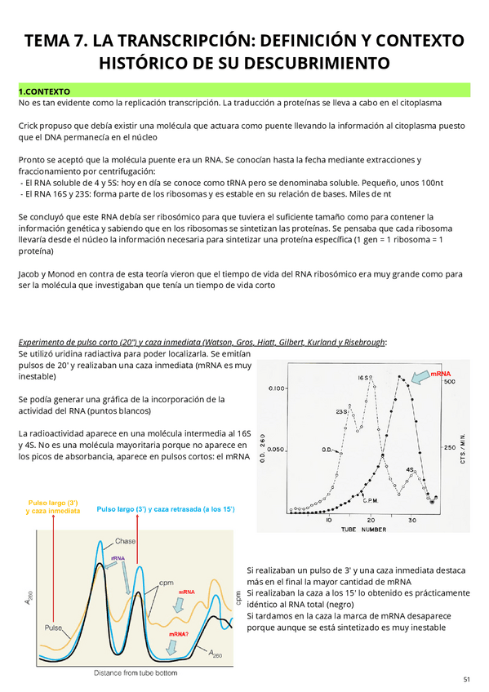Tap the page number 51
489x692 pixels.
click(466, 679)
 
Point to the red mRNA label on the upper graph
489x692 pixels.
click(441, 373)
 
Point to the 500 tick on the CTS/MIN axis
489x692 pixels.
click(448, 382)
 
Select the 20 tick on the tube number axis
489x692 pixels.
click(370, 520)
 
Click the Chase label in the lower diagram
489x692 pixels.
click(125, 541)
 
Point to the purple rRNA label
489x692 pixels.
click(118, 559)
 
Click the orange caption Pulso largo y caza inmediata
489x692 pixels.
click(53, 506)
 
